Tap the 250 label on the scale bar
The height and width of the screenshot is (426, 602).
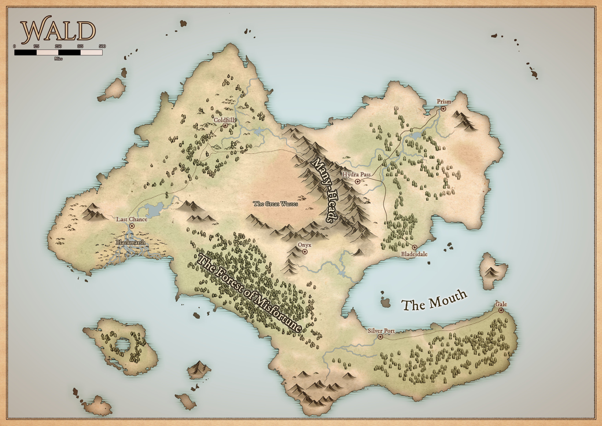(58, 46)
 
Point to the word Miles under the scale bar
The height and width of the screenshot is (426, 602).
(58, 59)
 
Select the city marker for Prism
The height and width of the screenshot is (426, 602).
(443, 109)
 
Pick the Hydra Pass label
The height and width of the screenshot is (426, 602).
(356, 174)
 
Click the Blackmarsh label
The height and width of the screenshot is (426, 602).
(131, 242)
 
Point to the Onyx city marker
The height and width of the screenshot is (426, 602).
(305, 252)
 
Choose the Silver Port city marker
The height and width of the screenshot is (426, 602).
(380, 337)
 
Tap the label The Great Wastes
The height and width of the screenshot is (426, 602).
(275, 204)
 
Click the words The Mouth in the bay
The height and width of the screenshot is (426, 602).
(434, 301)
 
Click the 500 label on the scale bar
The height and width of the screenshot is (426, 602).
(102, 46)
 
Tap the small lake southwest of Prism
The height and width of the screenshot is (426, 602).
(416, 136)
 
